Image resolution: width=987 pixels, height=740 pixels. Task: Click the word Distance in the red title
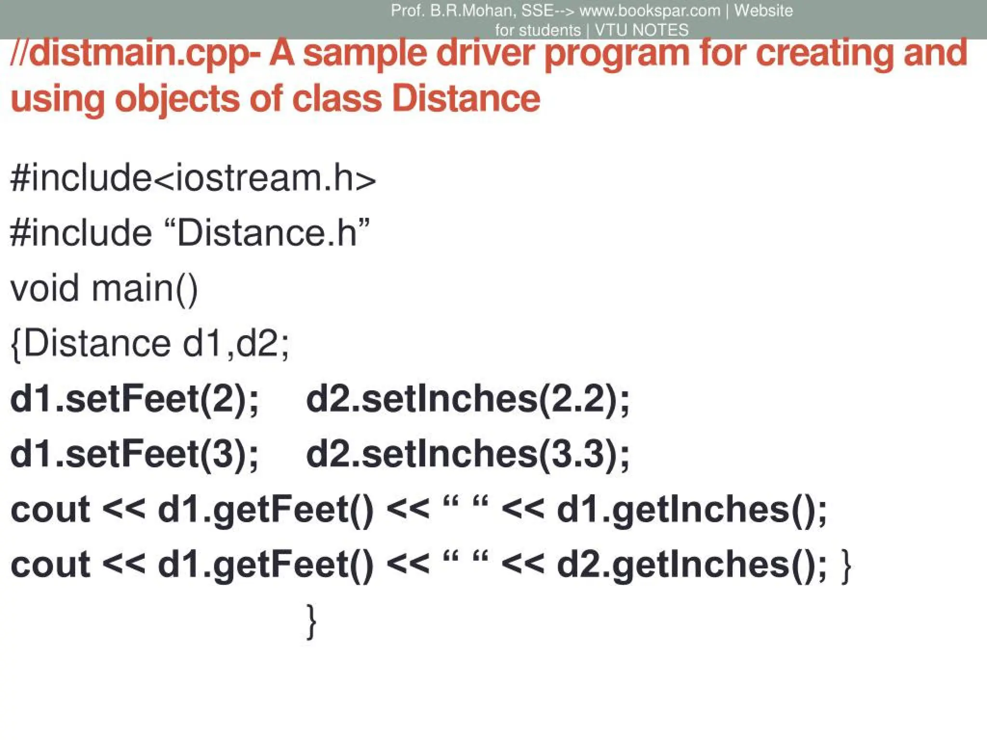pos(466,98)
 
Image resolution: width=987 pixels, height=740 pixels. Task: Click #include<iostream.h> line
pos(193,178)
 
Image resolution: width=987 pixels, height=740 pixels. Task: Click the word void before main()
pos(44,288)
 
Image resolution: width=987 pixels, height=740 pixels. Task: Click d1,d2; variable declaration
pos(236,344)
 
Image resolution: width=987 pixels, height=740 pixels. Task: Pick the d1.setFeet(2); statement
pos(134,399)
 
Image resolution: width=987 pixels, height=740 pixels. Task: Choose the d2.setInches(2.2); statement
pos(467,399)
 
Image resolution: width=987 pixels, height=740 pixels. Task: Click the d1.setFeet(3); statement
pos(134,454)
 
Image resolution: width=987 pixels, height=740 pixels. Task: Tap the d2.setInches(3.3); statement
pos(467,454)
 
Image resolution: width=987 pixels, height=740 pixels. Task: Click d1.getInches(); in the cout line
pos(692,510)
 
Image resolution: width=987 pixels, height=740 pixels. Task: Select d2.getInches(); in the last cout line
pos(692,565)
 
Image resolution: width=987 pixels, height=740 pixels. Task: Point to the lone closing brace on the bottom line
pos(312,621)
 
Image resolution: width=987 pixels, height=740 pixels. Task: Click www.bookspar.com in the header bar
pos(650,11)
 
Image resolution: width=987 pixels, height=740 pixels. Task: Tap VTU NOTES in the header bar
pos(641,30)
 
